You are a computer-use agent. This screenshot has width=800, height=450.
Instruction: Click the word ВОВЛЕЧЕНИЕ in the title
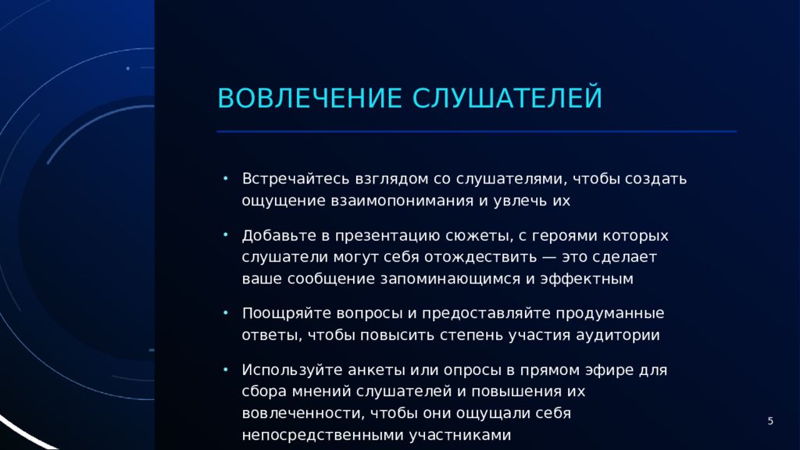[x=309, y=98]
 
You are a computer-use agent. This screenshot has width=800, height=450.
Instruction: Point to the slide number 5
[x=770, y=421]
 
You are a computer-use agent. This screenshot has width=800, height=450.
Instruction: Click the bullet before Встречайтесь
[x=226, y=179]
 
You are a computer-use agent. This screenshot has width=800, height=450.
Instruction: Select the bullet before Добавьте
[x=226, y=235]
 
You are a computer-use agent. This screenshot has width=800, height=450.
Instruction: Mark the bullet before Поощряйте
[x=226, y=312]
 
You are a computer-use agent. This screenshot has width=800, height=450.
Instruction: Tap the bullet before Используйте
[x=226, y=370]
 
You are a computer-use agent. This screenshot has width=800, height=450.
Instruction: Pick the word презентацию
[x=387, y=236]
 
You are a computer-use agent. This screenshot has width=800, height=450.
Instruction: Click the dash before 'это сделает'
[x=549, y=257]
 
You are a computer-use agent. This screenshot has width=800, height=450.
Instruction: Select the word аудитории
[x=618, y=336]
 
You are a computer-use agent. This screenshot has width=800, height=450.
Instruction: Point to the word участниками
[x=460, y=435]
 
